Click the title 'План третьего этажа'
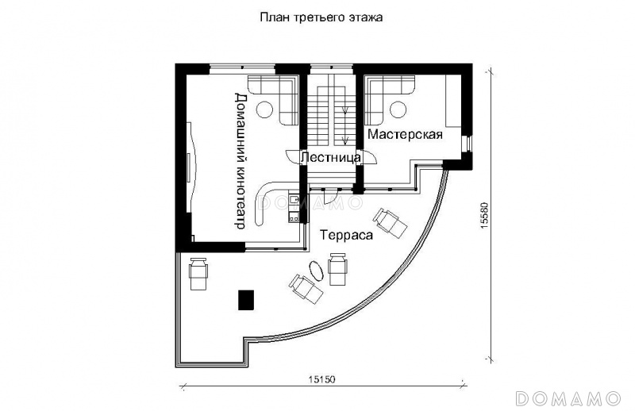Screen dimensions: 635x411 coord(321,17)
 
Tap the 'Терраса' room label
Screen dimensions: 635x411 coord(346,235)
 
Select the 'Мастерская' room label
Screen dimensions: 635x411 coord(405,134)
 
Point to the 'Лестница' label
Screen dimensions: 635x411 coord(331,158)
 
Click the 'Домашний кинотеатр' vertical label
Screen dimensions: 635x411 coord(241,161)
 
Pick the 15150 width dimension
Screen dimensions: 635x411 coord(322,379)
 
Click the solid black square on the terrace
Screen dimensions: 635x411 coord(246,300)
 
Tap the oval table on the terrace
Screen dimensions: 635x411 coord(316,270)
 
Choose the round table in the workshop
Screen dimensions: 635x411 coord(398,109)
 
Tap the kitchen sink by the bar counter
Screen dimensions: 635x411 coord(294,199)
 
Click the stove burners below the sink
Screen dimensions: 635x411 coord(294,218)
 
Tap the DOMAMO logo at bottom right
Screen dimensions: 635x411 coord(568,398)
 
